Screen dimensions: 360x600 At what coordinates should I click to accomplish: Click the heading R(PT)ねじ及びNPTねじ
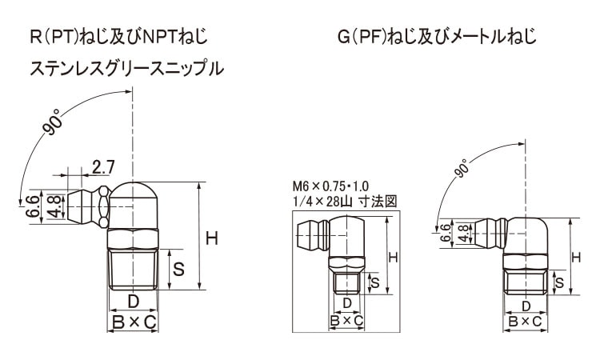pos(118,37)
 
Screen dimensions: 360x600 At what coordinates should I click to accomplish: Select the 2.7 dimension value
pos(102,167)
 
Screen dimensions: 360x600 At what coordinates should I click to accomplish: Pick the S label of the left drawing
pos(179,269)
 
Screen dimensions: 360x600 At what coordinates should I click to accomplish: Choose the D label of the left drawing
pos(134,302)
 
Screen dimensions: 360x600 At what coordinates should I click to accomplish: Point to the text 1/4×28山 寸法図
pos(345,202)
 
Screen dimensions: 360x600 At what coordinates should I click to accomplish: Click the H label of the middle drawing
pos(393,257)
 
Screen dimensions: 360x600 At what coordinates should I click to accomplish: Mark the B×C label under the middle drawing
pos(347,321)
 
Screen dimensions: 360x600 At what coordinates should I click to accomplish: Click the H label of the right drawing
pos(576,257)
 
